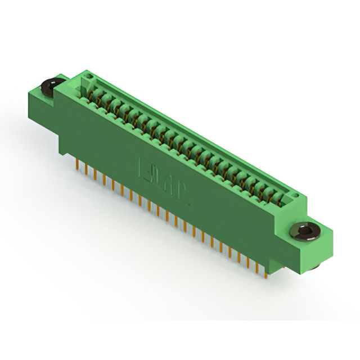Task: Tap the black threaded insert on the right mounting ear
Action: pyautogui.click(x=305, y=231)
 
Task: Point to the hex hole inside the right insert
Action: pyautogui.click(x=305, y=230)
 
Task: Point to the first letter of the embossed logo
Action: pyautogui.click(x=144, y=167)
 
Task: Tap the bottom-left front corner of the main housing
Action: pyautogui.click(x=62, y=151)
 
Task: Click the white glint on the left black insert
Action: pyautogui.click(x=48, y=85)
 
